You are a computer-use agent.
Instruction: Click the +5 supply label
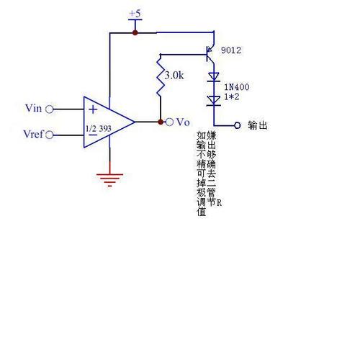tap(135, 14)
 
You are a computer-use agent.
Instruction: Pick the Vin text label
tap(32, 109)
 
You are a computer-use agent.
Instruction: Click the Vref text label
tap(34, 134)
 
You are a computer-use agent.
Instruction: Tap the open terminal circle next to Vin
tap(50, 109)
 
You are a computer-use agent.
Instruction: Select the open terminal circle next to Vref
tap(50, 134)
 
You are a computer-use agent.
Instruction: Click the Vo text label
tap(182, 122)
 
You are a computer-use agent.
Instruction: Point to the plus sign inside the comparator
tap(93, 110)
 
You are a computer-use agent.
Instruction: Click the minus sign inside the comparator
tap(93, 134)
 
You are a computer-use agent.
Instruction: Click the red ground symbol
tap(109, 179)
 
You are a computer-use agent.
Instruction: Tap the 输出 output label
tap(257, 125)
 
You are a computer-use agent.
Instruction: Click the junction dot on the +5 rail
tap(135, 32)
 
